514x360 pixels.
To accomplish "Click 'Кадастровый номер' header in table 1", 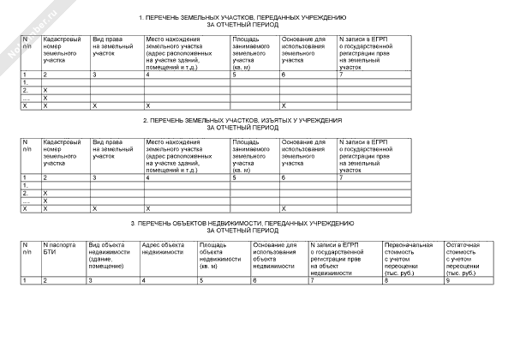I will click(x=62, y=50).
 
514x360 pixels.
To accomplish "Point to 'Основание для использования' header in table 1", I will click(x=303, y=50).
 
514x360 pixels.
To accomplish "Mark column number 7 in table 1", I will click(x=342, y=76).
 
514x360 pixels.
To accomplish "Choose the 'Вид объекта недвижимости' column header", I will click(x=105, y=255).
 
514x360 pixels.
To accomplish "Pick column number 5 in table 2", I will click(x=234, y=177).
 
